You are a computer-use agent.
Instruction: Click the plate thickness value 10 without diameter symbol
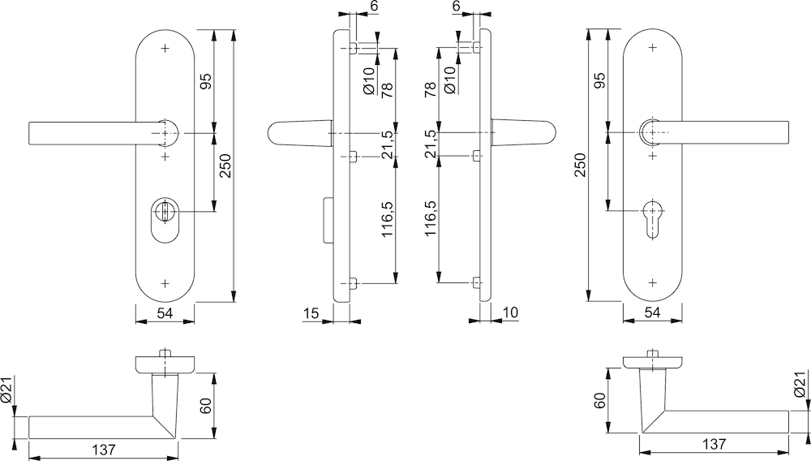pyautogui.click(x=511, y=312)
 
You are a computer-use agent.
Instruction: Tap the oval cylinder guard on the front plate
pyautogui.click(x=164, y=220)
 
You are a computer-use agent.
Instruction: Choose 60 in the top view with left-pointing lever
pyautogui.click(x=205, y=406)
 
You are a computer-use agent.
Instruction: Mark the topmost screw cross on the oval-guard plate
pyautogui.click(x=165, y=48)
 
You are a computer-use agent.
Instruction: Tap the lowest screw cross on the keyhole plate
pyautogui.click(x=653, y=283)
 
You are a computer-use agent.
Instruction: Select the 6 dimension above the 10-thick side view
pyautogui.click(x=457, y=6)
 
